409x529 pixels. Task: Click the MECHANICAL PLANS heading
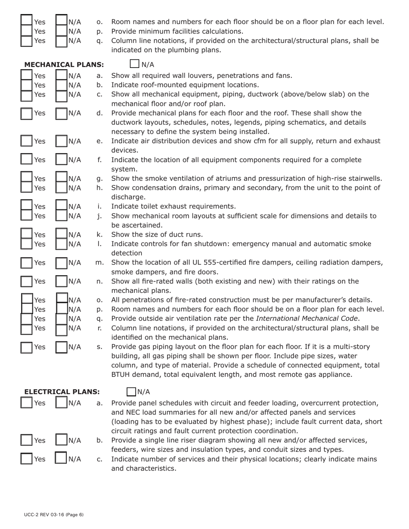64,65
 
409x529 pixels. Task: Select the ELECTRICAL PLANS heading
62,392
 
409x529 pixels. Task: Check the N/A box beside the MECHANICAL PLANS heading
134,65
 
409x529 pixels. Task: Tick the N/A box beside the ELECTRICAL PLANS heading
131,392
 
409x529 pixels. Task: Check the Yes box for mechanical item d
27,114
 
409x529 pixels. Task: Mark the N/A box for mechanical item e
62,141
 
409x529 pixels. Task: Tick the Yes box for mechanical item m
27,263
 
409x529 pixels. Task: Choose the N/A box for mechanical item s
62,347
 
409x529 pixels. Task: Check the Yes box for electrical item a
27,403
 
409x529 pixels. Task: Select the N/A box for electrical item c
62,459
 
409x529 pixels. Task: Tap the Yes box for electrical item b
27,440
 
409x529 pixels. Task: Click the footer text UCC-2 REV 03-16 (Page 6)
54,515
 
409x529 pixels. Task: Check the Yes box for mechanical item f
27,160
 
